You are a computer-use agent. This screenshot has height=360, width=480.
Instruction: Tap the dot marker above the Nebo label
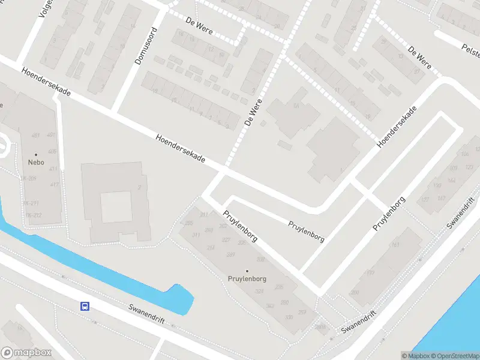(x=35, y=155)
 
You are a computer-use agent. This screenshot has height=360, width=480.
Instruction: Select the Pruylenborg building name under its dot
(x=247, y=279)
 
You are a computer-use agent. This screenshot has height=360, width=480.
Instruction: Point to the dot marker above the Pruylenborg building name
(x=247, y=271)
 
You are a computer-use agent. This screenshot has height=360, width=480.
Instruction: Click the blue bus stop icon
(x=85, y=306)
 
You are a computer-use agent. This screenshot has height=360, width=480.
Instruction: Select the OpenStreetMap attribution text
(x=454, y=355)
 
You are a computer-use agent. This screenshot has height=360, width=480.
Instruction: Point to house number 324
(x=259, y=292)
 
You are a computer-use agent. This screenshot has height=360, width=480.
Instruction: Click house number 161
(x=395, y=245)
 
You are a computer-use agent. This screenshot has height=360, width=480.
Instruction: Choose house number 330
(x=289, y=317)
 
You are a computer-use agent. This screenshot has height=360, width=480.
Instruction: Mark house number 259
(x=302, y=312)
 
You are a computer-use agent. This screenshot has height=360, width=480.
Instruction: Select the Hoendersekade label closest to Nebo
(x=46, y=83)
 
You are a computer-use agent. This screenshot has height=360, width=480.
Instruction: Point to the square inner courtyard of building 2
(x=116, y=206)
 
